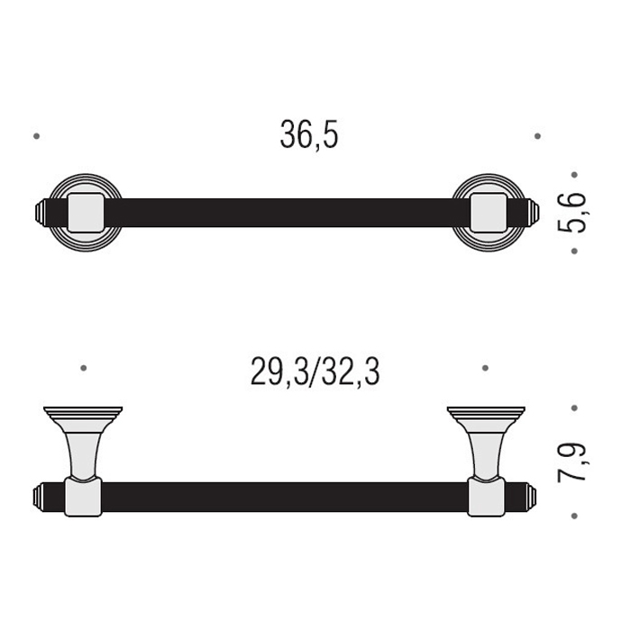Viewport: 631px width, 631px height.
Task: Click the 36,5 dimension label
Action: (309, 135)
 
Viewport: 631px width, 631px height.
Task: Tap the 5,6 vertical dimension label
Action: (572, 213)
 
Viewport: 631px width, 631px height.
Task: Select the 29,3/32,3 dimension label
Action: (315, 372)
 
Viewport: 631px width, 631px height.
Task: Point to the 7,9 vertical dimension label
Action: (572, 462)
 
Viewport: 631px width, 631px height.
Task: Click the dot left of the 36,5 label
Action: (37, 136)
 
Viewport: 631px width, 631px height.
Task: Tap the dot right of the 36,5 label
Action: (537, 136)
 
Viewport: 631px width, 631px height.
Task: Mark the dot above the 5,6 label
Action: (574, 175)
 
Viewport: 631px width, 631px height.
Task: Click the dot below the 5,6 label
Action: (574, 251)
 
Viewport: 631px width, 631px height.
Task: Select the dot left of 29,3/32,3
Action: (83, 368)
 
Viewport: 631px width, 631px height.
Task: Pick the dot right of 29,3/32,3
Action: (485, 368)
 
